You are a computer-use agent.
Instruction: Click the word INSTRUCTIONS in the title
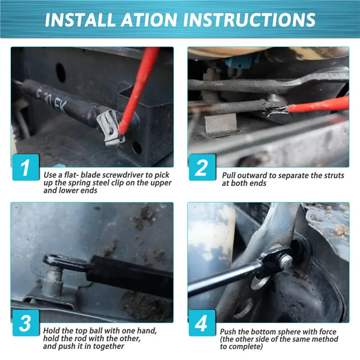(x=249, y=20)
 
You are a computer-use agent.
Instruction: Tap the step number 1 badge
(x=26, y=167)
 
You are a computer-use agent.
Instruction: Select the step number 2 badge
(x=202, y=167)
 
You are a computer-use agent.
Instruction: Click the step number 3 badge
(x=26, y=323)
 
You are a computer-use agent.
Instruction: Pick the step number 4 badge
(x=202, y=323)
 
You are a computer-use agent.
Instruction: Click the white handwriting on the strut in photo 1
(x=51, y=99)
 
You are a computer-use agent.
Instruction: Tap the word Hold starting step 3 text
(x=51, y=331)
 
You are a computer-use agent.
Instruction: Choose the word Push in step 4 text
(x=228, y=332)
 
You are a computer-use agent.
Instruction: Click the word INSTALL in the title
(x=80, y=20)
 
